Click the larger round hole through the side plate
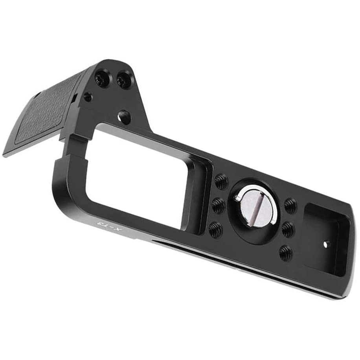[124, 116]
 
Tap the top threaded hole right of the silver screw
[290, 206]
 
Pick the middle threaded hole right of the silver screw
[288, 229]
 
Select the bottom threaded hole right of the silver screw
[286, 253]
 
